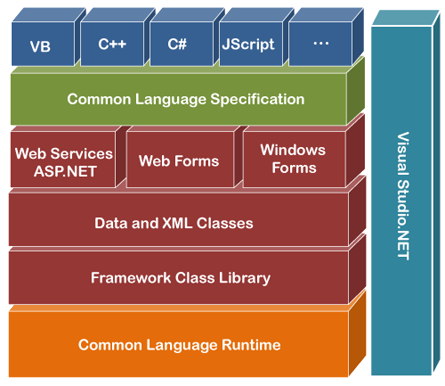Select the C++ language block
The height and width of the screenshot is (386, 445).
point(112,44)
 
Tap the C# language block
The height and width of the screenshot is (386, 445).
point(178,44)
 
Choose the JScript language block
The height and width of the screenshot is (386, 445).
point(248,44)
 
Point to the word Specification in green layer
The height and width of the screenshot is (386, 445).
point(257,99)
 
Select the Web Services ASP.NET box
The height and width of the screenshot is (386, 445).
point(64,162)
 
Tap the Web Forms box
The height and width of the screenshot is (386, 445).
point(179,161)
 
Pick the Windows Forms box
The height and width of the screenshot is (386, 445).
point(294,159)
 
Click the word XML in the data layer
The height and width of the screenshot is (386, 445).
point(177,223)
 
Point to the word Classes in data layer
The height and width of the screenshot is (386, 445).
point(225,223)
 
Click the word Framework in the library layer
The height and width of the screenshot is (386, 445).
point(131,278)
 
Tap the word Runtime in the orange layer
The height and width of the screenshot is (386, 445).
point(251,345)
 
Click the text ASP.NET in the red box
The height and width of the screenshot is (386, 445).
point(65,171)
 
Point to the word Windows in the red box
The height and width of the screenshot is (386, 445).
point(293,150)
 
